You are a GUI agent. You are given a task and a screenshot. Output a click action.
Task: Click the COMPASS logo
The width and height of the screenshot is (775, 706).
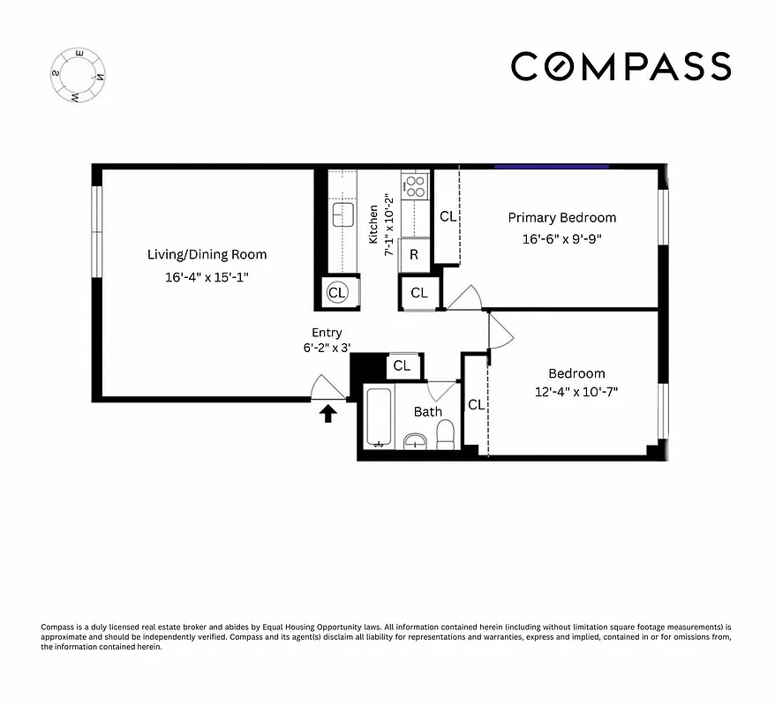click(621, 67)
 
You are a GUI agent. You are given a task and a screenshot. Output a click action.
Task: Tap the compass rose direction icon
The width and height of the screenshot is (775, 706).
click(79, 76)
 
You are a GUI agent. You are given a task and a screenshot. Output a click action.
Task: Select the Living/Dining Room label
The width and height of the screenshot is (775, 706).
click(207, 255)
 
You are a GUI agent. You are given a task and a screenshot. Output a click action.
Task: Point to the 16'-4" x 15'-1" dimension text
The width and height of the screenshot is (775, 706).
click(207, 276)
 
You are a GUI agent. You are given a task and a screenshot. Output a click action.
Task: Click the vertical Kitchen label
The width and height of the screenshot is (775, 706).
click(373, 224)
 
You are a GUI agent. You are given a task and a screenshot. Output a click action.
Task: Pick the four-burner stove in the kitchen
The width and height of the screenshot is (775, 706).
click(414, 185)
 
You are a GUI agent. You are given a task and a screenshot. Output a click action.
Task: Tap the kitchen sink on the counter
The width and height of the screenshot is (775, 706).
click(342, 214)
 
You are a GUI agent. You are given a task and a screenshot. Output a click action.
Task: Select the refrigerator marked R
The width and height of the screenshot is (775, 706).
click(414, 256)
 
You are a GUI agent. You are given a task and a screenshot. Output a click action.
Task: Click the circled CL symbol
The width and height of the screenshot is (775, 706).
click(337, 292)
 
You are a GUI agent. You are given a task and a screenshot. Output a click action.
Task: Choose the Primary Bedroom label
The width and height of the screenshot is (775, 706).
click(561, 218)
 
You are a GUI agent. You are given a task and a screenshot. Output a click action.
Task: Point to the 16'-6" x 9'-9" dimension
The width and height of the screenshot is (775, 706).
click(561, 239)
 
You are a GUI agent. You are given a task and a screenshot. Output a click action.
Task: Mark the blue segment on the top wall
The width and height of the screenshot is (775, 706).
click(551, 166)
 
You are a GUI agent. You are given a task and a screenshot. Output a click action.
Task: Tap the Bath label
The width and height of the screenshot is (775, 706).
click(428, 411)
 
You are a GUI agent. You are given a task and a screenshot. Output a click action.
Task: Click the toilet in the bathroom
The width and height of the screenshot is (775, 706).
click(445, 433)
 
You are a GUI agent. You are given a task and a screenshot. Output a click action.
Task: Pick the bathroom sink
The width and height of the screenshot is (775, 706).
click(415, 439)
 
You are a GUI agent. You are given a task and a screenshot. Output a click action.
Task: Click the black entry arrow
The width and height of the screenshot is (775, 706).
click(327, 413)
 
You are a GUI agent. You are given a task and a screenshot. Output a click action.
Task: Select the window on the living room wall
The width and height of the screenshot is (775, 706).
click(97, 230)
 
